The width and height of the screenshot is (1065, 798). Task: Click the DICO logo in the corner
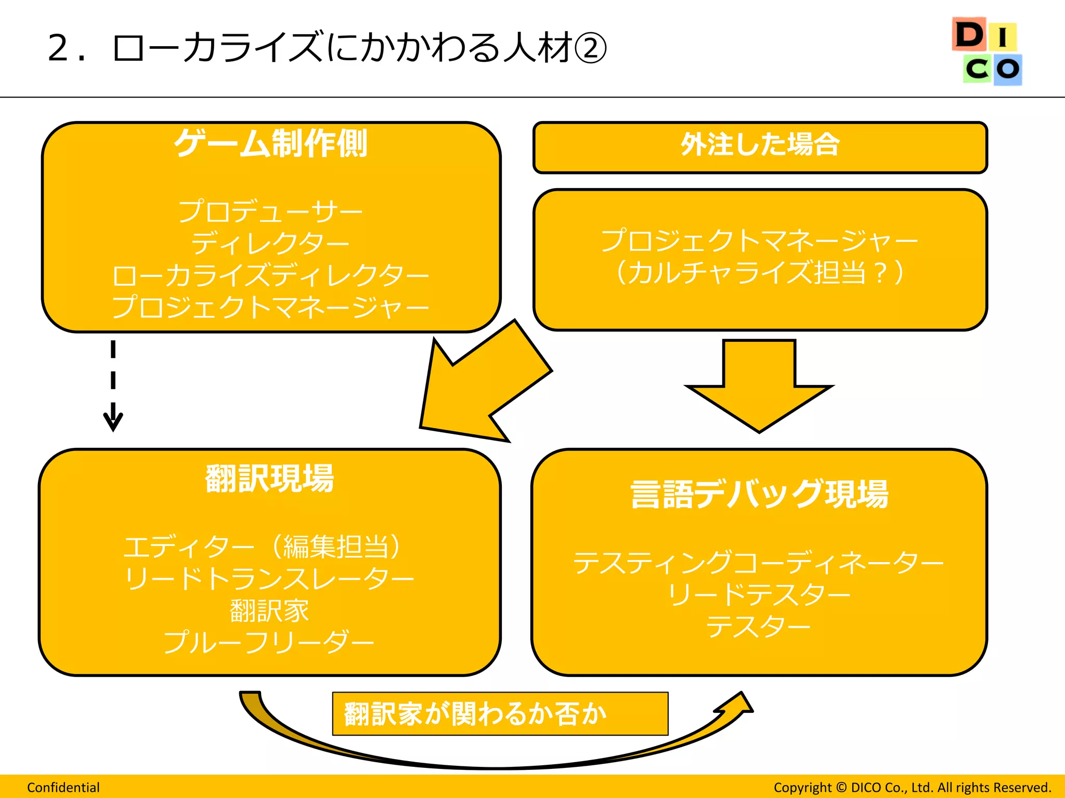(x=986, y=51)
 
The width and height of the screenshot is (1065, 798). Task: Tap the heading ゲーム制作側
(x=270, y=143)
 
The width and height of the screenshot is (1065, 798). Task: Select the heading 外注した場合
(x=760, y=145)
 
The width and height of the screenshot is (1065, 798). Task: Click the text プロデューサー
(x=270, y=211)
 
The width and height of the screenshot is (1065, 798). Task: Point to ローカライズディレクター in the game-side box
(x=270, y=276)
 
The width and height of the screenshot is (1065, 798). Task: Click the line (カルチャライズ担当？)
(x=760, y=273)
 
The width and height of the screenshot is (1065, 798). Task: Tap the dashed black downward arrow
(x=113, y=384)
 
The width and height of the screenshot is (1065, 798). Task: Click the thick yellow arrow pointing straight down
(x=759, y=384)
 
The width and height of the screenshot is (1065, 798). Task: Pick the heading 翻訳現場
(x=269, y=478)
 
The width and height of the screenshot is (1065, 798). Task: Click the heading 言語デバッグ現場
(x=759, y=494)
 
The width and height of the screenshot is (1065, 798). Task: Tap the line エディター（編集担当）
(x=263, y=547)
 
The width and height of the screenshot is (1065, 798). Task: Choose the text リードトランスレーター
(x=269, y=579)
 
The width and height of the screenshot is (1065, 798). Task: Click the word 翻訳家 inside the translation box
(x=269, y=611)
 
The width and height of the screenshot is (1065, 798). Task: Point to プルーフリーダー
(x=269, y=643)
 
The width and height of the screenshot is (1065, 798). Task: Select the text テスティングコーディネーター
(x=758, y=563)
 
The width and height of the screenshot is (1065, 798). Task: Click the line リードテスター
(x=758, y=595)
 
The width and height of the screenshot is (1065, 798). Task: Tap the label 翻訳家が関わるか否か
(x=475, y=714)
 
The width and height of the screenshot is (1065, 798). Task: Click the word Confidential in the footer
(x=63, y=788)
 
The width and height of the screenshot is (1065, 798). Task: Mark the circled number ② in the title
(x=591, y=48)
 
